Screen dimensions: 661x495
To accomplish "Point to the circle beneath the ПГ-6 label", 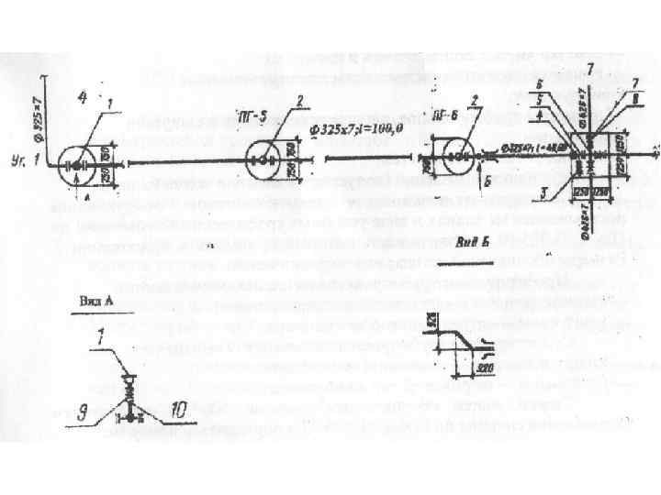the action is pos(456,159).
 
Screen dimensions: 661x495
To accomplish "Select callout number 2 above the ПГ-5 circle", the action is pos(300,98).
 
